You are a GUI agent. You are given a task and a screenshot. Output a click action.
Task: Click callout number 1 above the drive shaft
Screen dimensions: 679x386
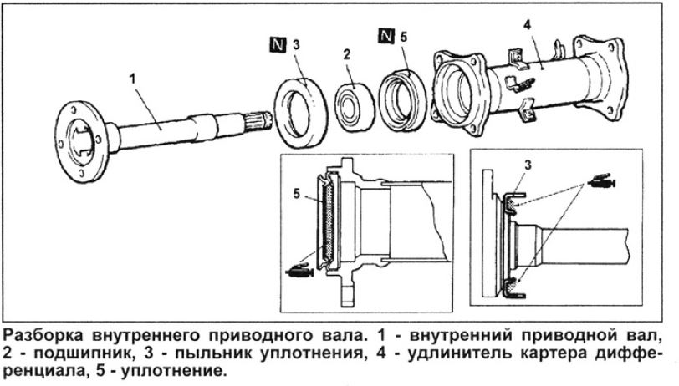(132, 79)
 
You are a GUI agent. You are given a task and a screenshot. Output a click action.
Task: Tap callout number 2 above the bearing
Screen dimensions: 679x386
(346, 54)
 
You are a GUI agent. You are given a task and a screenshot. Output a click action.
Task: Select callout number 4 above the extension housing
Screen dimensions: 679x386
(527, 25)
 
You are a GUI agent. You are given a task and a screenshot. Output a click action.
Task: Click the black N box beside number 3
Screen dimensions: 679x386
(278, 44)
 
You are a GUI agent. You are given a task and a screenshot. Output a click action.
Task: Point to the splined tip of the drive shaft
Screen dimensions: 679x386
(258, 122)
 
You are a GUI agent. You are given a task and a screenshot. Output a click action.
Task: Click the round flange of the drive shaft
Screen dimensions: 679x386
(79, 141)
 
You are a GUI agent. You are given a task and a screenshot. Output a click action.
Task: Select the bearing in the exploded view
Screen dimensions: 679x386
(355, 106)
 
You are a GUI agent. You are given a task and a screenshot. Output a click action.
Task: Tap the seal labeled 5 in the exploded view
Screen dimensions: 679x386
(402, 101)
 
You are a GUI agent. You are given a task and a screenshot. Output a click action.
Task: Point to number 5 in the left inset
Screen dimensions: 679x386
(296, 194)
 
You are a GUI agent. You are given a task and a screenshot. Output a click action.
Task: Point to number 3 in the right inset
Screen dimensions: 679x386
(528, 165)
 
